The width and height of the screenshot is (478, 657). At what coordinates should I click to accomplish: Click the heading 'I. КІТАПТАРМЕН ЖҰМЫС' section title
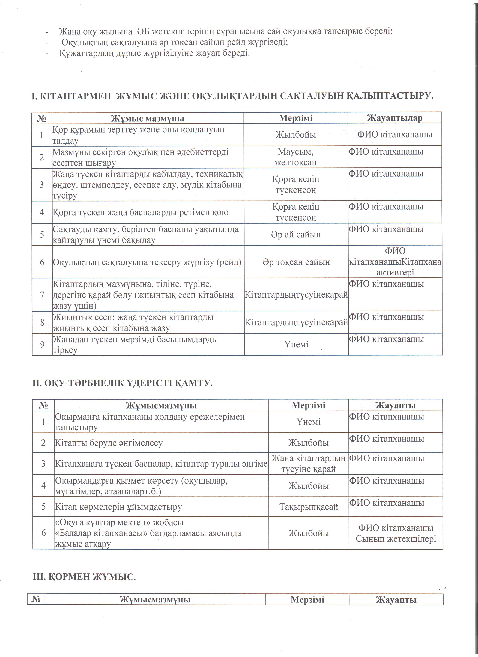[232, 96]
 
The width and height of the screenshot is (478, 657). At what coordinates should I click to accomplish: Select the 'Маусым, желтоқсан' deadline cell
[296, 157]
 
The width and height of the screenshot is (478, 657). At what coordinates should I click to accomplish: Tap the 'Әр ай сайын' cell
[296, 234]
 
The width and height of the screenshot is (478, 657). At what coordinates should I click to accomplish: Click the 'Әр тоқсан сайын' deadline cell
[296, 262]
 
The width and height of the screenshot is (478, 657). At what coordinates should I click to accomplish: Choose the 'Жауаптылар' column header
[395, 118]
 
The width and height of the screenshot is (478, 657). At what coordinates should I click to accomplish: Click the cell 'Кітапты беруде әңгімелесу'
[109, 443]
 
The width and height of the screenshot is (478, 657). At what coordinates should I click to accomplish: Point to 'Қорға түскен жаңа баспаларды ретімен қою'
[141, 212]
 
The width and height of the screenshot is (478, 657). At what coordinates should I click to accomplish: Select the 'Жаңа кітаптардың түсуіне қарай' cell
[308, 464]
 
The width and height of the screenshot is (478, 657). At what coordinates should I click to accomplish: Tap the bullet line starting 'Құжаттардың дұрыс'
[154, 53]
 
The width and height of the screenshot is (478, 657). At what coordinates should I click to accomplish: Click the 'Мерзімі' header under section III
[307, 600]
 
